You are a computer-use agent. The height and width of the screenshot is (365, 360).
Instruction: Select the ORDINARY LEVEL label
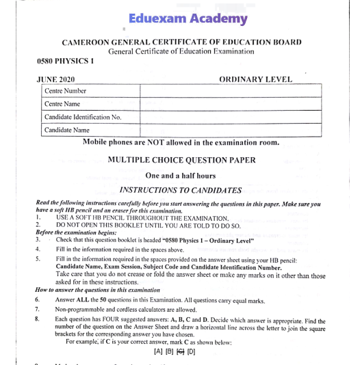255,79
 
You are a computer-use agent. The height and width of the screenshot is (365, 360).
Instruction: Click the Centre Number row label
65,91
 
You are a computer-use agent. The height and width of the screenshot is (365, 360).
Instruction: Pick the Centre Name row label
62,104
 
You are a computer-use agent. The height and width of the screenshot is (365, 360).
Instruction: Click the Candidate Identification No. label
83,117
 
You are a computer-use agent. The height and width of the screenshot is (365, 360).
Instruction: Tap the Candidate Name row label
67,130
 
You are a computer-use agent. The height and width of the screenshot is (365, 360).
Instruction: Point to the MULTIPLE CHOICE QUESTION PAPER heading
181,161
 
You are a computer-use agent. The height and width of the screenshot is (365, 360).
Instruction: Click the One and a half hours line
181,176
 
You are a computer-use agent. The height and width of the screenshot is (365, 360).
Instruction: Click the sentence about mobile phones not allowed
181,143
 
